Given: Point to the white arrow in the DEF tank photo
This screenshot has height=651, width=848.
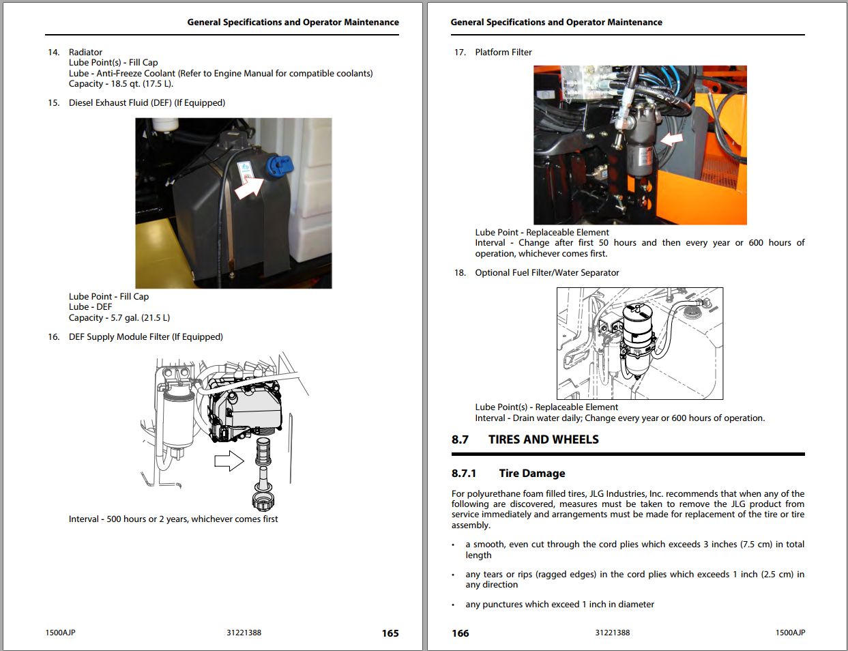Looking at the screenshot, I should pos(248,186).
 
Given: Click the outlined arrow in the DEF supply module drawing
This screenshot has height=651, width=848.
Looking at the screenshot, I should pos(229,461).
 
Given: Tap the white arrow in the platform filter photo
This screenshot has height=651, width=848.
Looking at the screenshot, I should pos(671,139).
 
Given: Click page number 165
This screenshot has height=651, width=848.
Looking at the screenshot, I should pos(390,633).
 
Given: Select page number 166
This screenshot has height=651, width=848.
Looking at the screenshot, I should pos(460,633).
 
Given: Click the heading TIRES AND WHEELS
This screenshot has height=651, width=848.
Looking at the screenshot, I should pos(543,439).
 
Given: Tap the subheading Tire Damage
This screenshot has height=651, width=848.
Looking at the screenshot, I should pos(531,473).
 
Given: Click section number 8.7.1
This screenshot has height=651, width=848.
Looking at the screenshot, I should pos(464,473).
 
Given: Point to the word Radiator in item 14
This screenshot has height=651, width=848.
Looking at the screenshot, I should pos(85,52).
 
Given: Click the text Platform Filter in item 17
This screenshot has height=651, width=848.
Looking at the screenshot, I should pos(503,52).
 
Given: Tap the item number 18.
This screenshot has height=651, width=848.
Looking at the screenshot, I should pos(460,272).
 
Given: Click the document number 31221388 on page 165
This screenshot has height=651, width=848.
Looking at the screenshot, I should pos(244,633).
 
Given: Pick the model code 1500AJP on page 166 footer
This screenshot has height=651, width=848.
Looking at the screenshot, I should pos(790,633).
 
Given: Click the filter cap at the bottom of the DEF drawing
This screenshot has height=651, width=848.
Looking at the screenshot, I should pos(263,500).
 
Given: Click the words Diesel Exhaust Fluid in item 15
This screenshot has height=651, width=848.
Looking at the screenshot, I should pos(119,103).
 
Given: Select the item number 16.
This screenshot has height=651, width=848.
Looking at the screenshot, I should pos(53,336).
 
